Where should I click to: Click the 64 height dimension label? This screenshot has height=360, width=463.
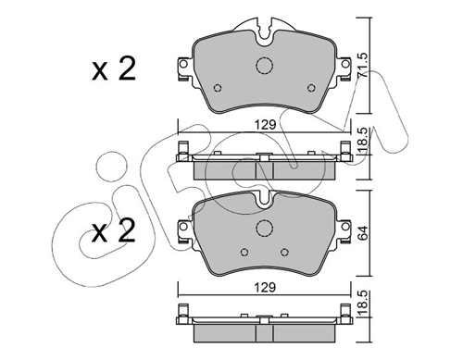click(362, 233)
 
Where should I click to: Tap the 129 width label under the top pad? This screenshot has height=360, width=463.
click(265, 125)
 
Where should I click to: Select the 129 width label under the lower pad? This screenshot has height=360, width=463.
click(265, 288)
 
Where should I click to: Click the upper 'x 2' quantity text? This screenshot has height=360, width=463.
click(114, 69)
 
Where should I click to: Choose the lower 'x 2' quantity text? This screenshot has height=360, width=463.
click(114, 230)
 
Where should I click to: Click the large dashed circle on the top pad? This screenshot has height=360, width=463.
click(265, 66)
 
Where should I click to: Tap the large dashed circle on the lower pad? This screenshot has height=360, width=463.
click(265, 229)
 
